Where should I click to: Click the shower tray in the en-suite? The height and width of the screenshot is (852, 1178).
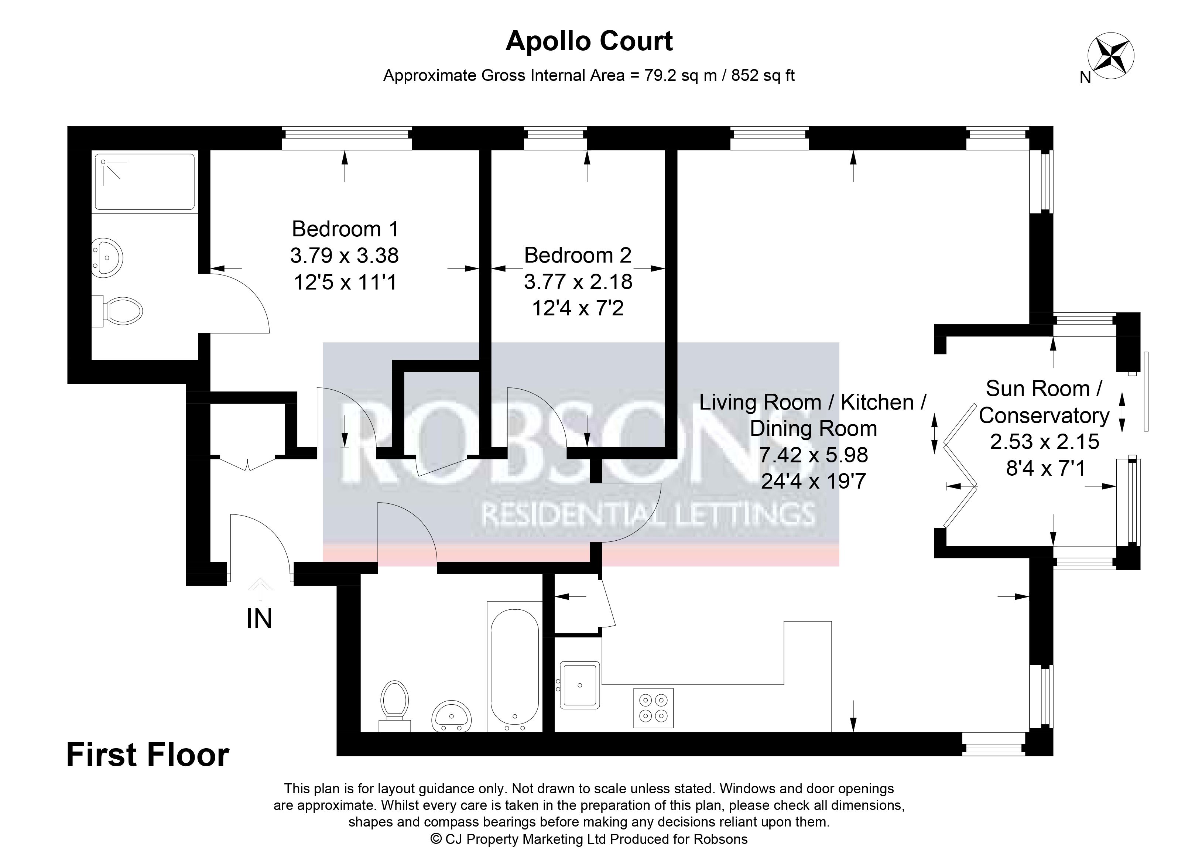145,182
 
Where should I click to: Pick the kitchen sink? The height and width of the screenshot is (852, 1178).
580,685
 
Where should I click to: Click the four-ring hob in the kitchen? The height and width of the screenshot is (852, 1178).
653,708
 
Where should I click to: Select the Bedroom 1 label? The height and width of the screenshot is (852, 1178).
345,229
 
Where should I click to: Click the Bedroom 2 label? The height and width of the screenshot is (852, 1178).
578,255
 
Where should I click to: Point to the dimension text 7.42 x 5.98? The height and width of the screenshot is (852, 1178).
814,455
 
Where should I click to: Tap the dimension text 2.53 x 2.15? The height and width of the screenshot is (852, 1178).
1045,442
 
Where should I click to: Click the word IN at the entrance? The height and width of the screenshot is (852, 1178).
259,619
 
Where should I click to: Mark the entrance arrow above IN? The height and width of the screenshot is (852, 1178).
260,590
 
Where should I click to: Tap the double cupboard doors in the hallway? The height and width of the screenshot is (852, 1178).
248,463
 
